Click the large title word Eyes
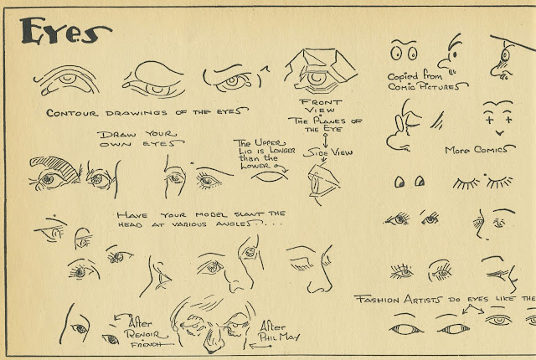tap(65, 31)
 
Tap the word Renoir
tap(146, 334)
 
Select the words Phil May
tap(279, 337)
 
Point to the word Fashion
tap(377, 300)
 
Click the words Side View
tap(327, 152)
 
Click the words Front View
tap(320, 105)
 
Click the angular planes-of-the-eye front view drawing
tap(321, 71)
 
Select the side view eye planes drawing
tap(323, 183)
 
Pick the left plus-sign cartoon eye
tap(490, 120)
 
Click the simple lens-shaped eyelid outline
tap(270, 177)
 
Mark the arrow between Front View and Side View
tap(325, 141)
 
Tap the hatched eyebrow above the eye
tap(54, 167)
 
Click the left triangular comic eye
tap(399, 182)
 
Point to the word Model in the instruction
tap(211, 215)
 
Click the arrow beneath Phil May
tap(260, 347)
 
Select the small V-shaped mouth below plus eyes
tap(499, 133)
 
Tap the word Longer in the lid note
tap(282, 151)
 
